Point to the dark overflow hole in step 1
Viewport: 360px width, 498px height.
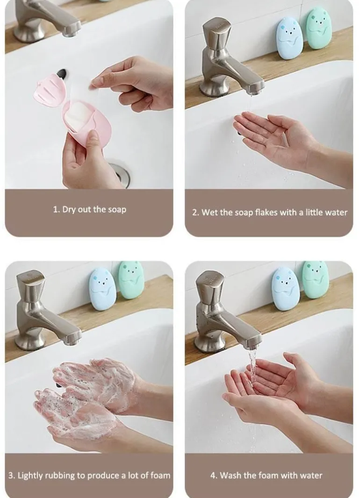click(x=62, y=73)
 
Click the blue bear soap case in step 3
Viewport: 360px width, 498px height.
click(x=102, y=289)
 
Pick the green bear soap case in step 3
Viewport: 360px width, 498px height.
click(x=131, y=279)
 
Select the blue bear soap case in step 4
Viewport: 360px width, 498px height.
click(x=285, y=289)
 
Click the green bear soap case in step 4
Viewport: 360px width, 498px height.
click(x=315, y=279)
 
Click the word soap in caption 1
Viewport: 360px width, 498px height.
click(x=117, y=210)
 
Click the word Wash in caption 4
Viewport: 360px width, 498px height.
click(x=230, y=476)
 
